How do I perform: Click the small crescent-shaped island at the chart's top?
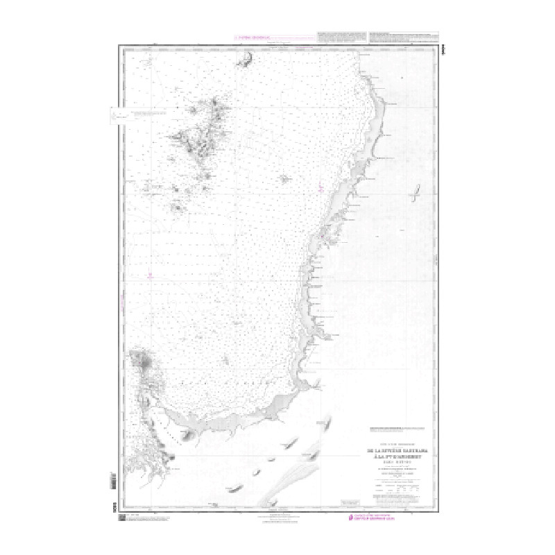click(244, 62)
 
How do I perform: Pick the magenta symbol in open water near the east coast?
click(320, 187)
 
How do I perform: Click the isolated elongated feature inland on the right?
click(417, 192)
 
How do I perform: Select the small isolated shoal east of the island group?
click(284, 178)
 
